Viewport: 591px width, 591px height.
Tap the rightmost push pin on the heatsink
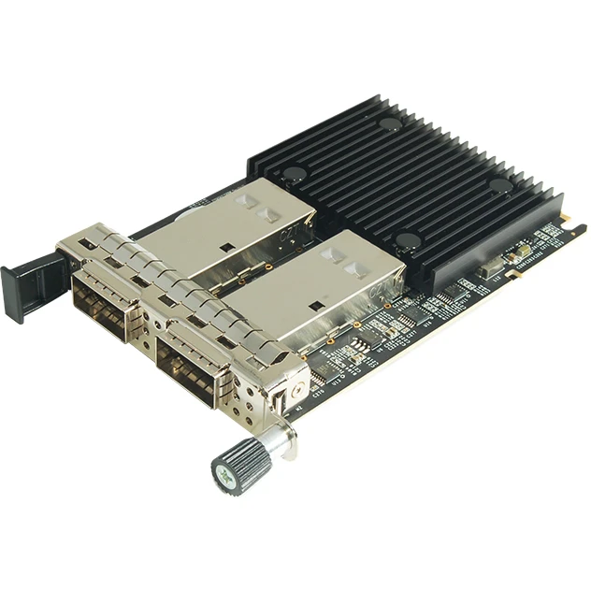[x=500, y=185]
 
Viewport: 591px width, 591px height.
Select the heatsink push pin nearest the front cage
[x=406, y=240]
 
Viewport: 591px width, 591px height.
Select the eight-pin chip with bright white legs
[x=359, y=348]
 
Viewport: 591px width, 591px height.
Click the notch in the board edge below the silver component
[x=511, y=274]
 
